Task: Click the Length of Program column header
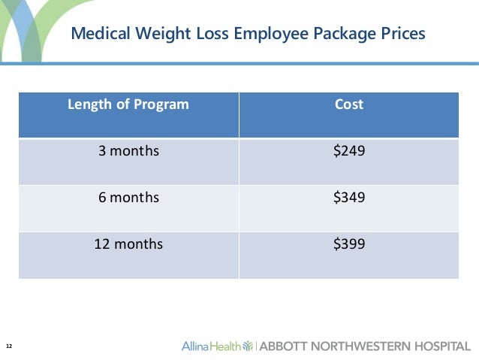tap(128, 104)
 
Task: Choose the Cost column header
tap(348, 104)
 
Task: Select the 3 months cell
tap(128, 151)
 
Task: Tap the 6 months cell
tap(128, 198)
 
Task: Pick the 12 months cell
tap(128, 244)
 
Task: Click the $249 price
tap(348, 151)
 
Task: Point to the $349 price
tap(348, 198)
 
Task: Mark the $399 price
tap(348, 244)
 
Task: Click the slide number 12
tap(9, 346)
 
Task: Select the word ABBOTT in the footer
tap(282, 346)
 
